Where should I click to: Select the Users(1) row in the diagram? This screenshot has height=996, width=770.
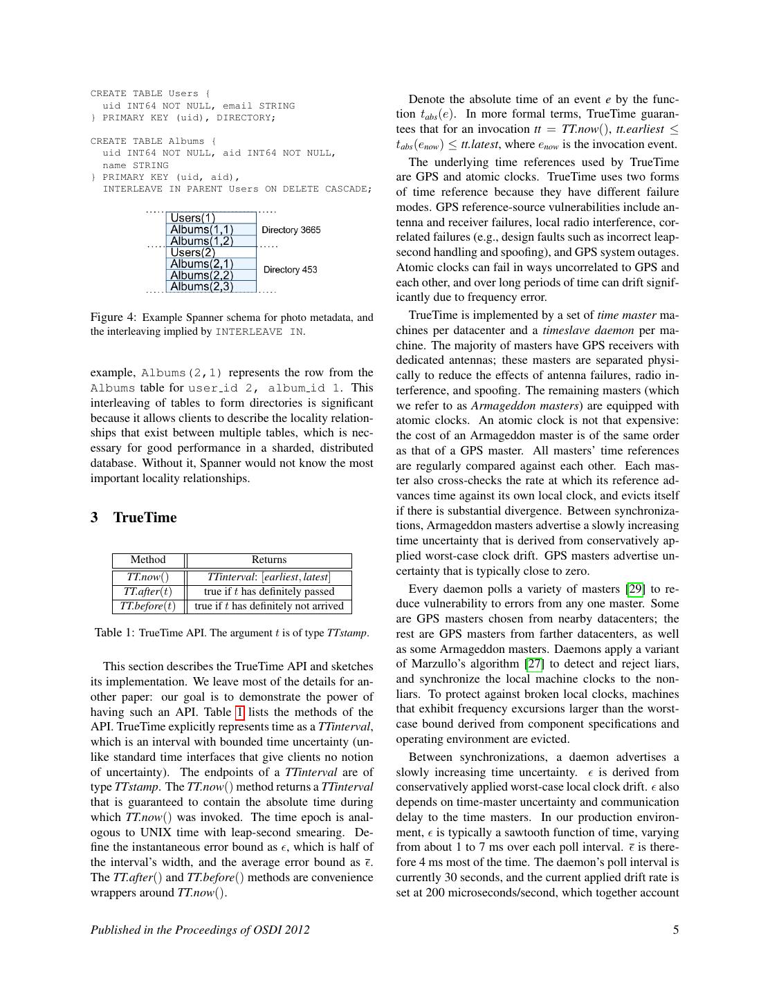click(193, 218)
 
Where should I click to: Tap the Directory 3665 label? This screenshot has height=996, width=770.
click(291, 230)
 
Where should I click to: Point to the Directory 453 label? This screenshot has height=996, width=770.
click(290, 269)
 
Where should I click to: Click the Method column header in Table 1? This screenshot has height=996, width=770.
click(148, 560)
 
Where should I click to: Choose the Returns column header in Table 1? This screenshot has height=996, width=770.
click(269, 560)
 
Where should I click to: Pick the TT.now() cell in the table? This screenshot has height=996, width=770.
click(148, 577)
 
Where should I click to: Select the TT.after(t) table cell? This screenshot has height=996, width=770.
click(148, 591)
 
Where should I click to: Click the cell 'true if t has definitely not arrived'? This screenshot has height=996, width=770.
click(269, 606)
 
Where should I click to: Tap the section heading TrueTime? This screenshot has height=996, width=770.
click(145, 517)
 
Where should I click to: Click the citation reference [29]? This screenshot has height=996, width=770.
click(635, 589)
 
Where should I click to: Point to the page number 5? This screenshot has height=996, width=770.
click(675, 930)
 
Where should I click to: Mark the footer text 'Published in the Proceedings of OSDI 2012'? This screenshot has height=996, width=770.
click(200, 930)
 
